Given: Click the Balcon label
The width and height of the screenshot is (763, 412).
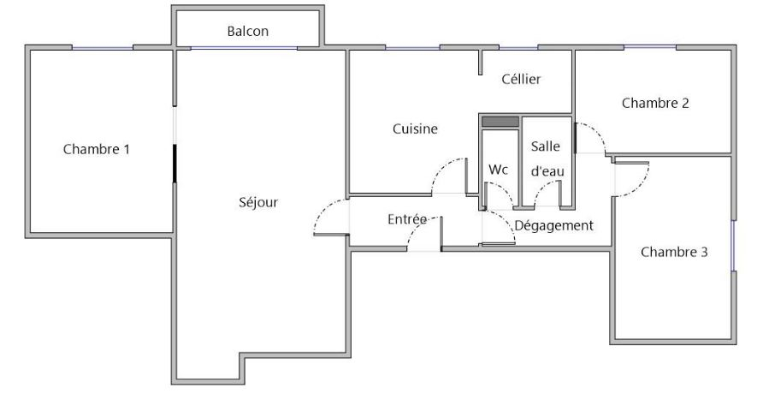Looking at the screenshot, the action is (248, 31).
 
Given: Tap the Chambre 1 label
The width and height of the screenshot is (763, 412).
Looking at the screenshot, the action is (97, 149).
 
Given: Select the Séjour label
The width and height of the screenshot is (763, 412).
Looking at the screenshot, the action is (258, 203).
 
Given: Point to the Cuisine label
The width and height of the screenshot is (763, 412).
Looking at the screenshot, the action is (415, 128).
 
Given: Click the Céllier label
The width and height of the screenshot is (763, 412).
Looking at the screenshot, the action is (521, 79).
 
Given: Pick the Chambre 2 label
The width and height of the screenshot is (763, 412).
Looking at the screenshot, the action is (655, 104).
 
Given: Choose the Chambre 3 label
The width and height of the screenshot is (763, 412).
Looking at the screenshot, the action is (674, 252).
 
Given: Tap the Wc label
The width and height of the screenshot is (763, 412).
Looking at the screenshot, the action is (499, 170).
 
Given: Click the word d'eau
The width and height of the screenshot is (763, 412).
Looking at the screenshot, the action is (547, 171).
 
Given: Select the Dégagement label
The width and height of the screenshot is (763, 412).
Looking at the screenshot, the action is (553, 226).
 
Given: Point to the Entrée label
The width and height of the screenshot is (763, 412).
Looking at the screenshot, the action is (407, 219).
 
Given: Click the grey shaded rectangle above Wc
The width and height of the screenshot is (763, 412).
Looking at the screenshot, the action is (500, 122).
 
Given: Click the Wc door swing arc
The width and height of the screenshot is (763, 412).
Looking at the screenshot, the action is (504, 188).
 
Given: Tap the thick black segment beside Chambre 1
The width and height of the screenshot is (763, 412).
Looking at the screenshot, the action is (174, 163).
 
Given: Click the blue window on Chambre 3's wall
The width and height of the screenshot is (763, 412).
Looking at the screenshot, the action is (733, 246).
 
